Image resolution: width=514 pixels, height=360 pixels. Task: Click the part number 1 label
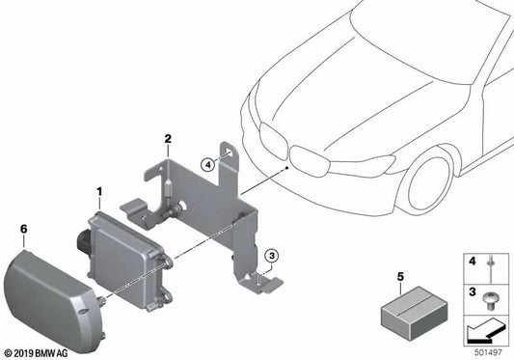[x=99, y=191]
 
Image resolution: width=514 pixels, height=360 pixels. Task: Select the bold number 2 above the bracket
[x=168, y=139]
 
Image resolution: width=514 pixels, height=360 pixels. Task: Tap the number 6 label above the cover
[x=23, y=229]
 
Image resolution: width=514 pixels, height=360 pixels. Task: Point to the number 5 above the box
[x=400, y=277]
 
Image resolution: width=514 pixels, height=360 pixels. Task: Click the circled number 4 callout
[x=208, y=164]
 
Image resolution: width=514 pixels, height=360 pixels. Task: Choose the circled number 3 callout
[x=272, y=255]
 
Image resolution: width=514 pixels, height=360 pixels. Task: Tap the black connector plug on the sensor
[x=85, y=240]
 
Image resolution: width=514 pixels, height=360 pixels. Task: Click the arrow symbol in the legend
[x=483, y=330]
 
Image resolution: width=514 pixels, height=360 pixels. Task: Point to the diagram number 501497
[x=488, y=352]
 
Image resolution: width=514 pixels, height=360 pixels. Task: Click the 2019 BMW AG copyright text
[x=36, y=353]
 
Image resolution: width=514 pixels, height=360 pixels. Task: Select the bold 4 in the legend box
[x=472, y=262]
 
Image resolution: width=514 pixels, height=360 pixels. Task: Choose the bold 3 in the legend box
[x=472, y=291]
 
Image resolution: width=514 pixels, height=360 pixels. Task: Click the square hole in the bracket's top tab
[x=230, y=152]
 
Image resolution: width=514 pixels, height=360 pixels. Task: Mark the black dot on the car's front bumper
[x=287, y=168]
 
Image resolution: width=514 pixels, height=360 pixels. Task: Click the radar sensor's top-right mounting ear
[x=168, y=261]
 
